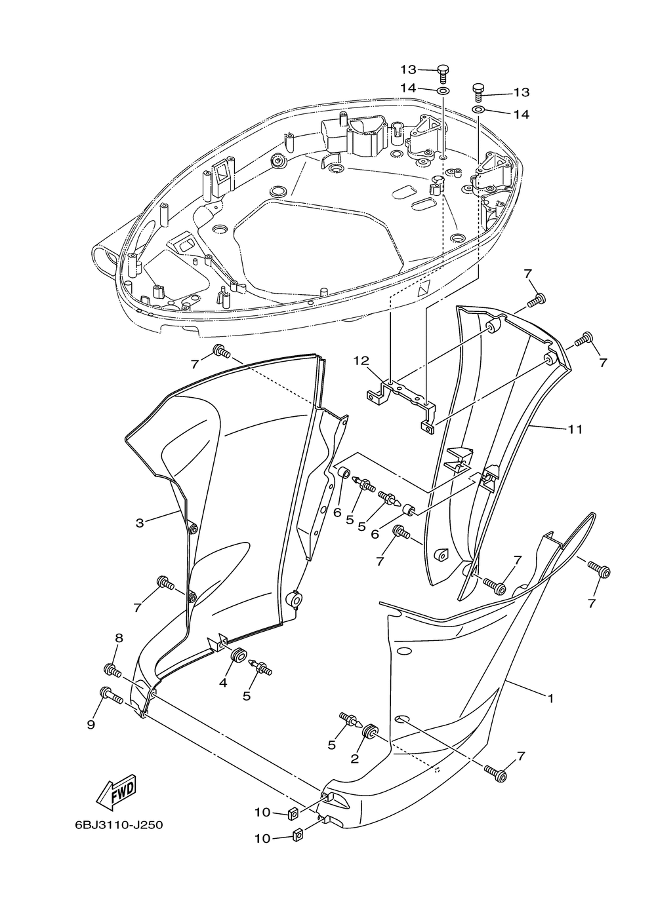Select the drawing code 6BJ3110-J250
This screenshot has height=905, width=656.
click(119, 824)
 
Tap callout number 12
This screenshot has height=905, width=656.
click(361, 360)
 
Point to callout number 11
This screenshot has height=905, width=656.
click(575, 429)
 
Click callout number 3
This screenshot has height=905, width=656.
click(140, 522)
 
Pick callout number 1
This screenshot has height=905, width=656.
click(551, 699)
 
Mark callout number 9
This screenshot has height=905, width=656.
click(91, 724)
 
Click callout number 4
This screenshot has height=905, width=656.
click(223, 682)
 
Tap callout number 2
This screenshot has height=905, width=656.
click(355, 759)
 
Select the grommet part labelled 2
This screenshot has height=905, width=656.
click(371, 730)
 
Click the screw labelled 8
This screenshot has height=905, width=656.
click(113, 671)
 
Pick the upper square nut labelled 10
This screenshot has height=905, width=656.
click(295, 814)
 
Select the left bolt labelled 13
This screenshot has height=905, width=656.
click(443, 72)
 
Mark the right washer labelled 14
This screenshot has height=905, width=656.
click(480, 109)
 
